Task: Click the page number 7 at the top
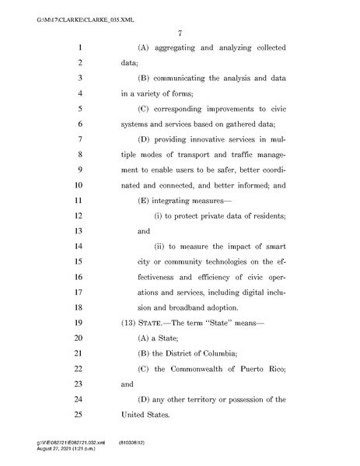pyautogui.click(x=180, y=32)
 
